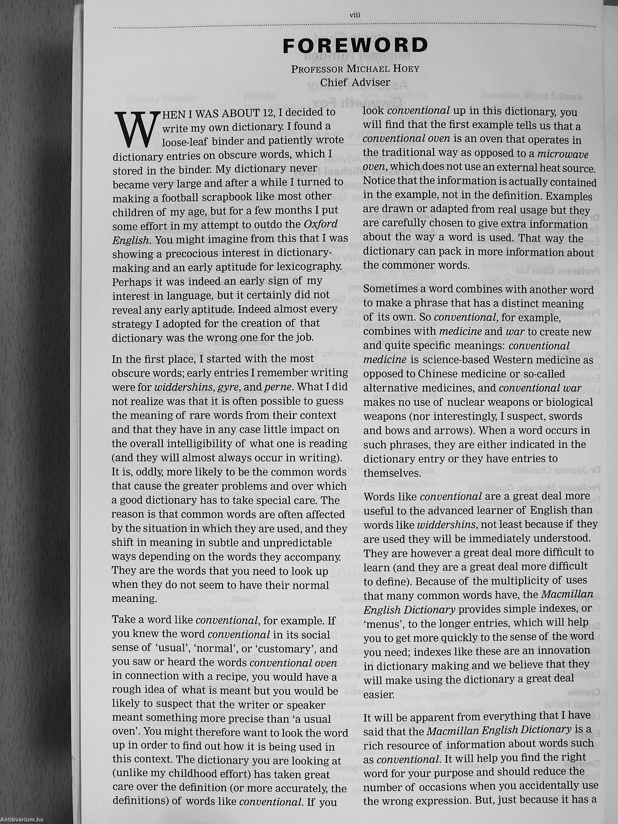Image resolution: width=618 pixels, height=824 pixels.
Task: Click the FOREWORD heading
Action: click(355, 46)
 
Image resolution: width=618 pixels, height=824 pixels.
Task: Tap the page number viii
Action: click(354, 15)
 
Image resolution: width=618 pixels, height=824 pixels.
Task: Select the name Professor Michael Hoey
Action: click(355, 69)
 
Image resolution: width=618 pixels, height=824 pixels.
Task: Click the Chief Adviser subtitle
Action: click(355, 82)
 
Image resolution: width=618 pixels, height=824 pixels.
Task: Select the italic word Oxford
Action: click(321, 224)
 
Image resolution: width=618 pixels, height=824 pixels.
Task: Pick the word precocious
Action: click(213, 253)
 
